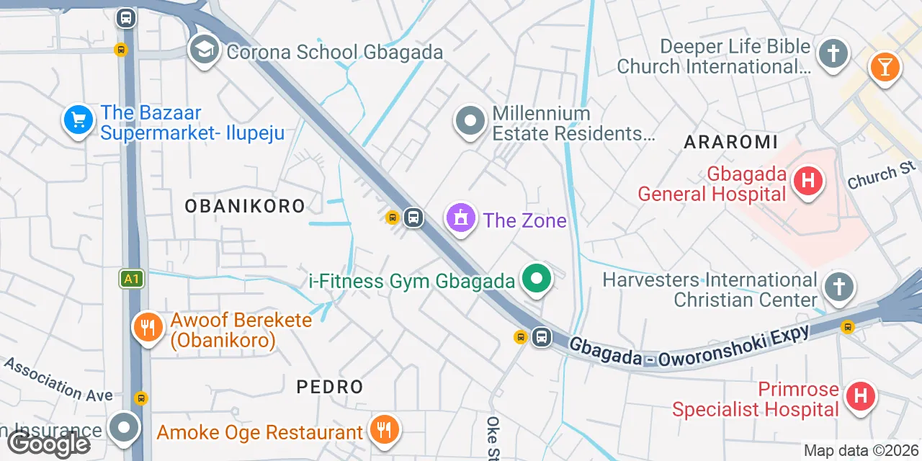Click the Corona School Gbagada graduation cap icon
(205, 50)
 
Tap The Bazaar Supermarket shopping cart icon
(78, 120)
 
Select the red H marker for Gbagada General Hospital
(807, 180)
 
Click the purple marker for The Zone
(461, 218)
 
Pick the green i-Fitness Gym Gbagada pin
(536, 279)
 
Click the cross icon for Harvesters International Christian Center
(839, 287)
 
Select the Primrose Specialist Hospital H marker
(860, 396)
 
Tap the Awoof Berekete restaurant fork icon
(148, 328)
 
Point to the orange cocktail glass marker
(884, 67)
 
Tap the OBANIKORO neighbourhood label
(245, 206)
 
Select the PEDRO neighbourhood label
(330, 387)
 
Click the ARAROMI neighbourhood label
(730, 142)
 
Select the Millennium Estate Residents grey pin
(470, 122)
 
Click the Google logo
(49, 444)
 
